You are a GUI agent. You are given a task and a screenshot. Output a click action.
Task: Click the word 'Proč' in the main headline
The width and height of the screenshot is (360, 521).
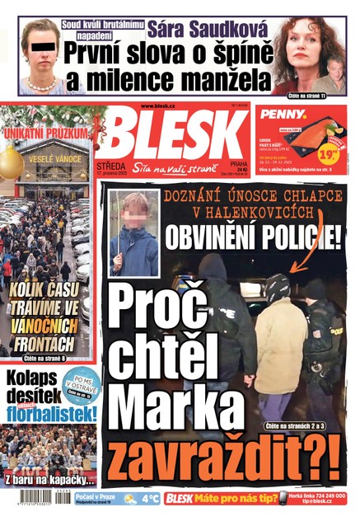[169, 302]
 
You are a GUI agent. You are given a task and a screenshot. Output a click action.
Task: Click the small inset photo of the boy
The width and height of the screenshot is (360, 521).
[133, 234]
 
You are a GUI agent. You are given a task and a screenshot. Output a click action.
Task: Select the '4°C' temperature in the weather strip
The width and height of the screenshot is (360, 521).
[150, 499]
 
